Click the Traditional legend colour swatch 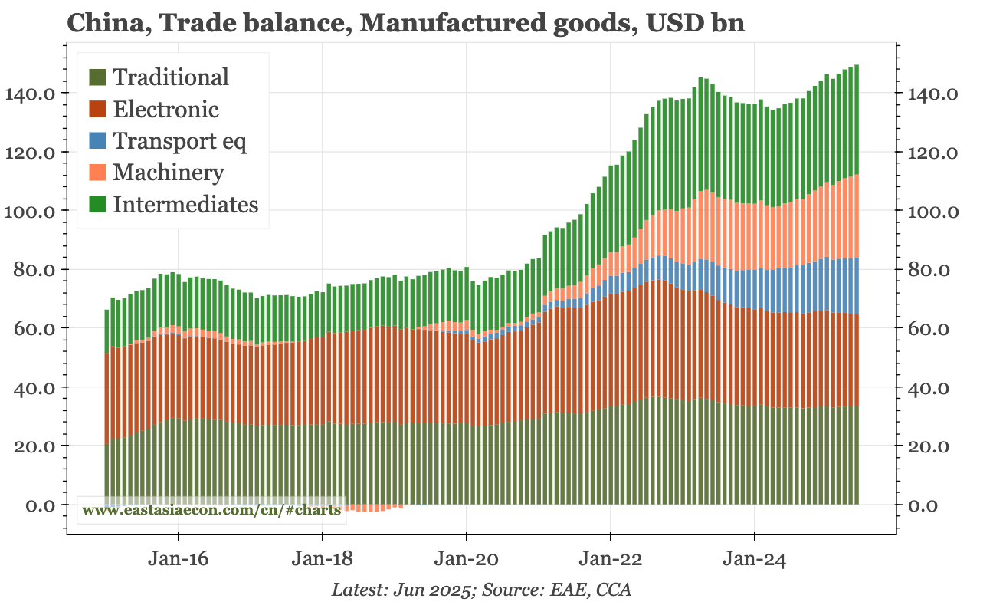pyautogui.click(x=98, y=77)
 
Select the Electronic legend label pyautogui.click(x=165, y=109)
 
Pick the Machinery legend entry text pyautogui.click(x=169, y=173)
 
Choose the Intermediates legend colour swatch pyautogui.click(x=98, y=205)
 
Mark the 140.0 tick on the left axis pyautogui.click(x=29, y=94)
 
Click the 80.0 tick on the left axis pyautogui.click(x=33, y=270)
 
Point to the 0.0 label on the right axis pyautogui.click(x=923, y=505)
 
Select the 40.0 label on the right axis pyautogui.click(x=928, y=387)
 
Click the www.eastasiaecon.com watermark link pyautogui.click(x=211, y=511)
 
